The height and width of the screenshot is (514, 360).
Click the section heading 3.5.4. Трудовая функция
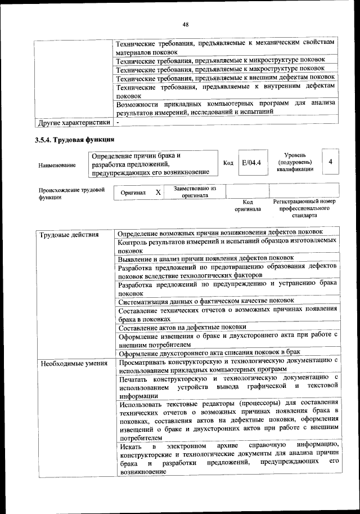point(74,140)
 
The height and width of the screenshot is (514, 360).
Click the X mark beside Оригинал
point(159,193)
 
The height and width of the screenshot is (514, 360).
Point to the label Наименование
point(57,165)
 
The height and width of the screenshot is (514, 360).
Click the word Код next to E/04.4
point(228,163)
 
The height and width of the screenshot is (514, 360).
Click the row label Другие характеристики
point(73,122)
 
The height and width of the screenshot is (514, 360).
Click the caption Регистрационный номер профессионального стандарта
point(304,208)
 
